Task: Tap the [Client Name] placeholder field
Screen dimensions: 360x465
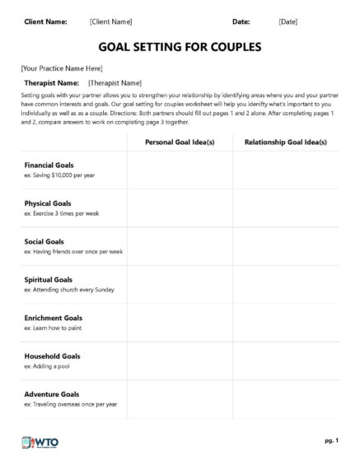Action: pyautogui.click(x=110, y=21)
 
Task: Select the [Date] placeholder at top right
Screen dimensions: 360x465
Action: pyautogui.click(x=288, y=21)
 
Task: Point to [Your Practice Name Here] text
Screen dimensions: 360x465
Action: pyautogui.click(x=62, y=68)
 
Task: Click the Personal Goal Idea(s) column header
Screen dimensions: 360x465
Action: pyautogui.click(x=180, y=142)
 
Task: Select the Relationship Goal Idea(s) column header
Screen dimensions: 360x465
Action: pyautogui.click(x=285, y=142)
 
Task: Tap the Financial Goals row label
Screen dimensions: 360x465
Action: pyautogui.click(x=49, y=165)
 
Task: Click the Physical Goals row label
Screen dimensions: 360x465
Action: pyautogui.click(x=48, y=203)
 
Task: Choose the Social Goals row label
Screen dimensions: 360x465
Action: pyautogui.click(x=44, y=242)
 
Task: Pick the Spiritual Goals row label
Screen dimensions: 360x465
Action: pyautogui.click(x=49, y=280)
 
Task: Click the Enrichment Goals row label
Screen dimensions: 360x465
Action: pyautogui.click(x=54, y=318)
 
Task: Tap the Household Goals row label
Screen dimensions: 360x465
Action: pyautogui.click(x=53, y=356)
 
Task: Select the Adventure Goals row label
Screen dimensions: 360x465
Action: pyautogui.click(x=52, y=394)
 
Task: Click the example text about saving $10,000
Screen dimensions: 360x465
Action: pyautogui.click(x=60, y=175)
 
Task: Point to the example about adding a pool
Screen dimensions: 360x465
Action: pyautogui.click(x=48, y=366)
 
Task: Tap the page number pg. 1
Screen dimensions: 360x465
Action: pyautogui.click(x=330, y=441)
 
